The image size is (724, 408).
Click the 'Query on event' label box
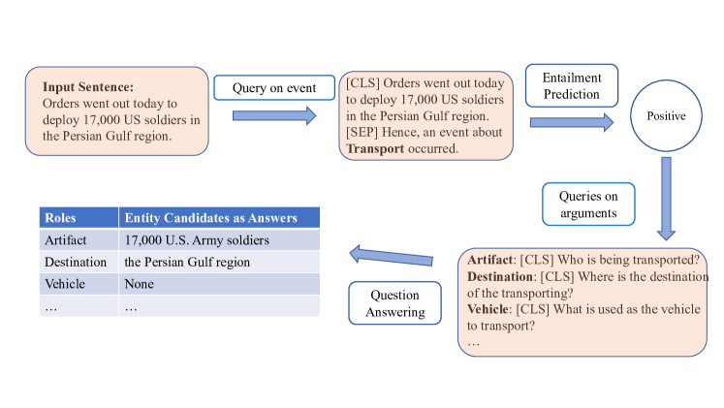(x=274, y=88)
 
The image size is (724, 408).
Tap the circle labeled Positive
(x=666, y=116)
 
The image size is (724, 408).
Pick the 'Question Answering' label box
(x=394, y=303)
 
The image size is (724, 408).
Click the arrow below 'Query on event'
(x=274, y=116)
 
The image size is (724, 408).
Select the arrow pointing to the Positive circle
(x=571, y=122)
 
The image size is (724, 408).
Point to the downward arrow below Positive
(x=666, y=198)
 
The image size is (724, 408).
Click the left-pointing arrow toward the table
(x=391, y=256)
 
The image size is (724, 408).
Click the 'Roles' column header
(x=61, y=218)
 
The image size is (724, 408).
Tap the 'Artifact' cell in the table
(x=66, y=240)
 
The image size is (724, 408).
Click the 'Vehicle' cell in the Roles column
(x=64, y=284)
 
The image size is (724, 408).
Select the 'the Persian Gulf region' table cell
(x=187, y=262)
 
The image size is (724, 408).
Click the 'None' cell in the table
(x=140, y=284)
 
